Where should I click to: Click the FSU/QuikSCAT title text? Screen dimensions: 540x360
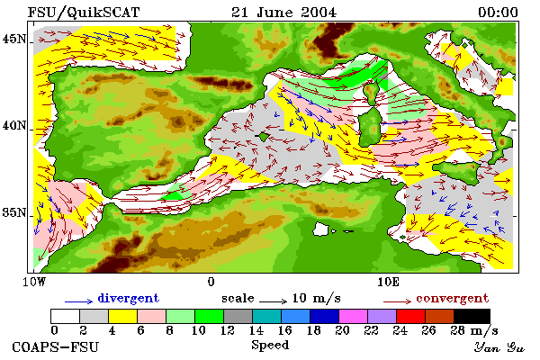point(84,13)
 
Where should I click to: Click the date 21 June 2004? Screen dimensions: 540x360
point(283,13)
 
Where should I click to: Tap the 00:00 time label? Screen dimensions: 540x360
point(498,13)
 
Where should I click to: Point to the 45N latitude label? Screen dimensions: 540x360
point(14,39)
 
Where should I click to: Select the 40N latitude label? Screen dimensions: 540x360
point(14,125)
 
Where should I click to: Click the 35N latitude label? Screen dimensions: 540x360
point(14,212)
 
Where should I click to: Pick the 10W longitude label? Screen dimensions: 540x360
point(34,282)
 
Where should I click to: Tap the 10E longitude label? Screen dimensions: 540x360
point(388,282)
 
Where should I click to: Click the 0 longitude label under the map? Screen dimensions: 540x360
point(211,282)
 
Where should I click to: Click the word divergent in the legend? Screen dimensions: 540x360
point(128,298)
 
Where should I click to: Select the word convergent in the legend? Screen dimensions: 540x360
point(452,298)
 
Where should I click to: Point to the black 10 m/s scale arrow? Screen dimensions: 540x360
point(273,301)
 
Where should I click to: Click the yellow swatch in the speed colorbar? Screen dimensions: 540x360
point(123,316)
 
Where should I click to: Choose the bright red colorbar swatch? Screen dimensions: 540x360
point(411,316)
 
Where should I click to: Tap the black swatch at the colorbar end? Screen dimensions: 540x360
point(472,316)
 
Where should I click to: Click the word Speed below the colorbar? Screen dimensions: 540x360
point(270,345)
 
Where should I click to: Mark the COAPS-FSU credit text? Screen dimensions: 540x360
point(56,346)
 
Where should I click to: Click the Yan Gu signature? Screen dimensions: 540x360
point(499,347)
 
